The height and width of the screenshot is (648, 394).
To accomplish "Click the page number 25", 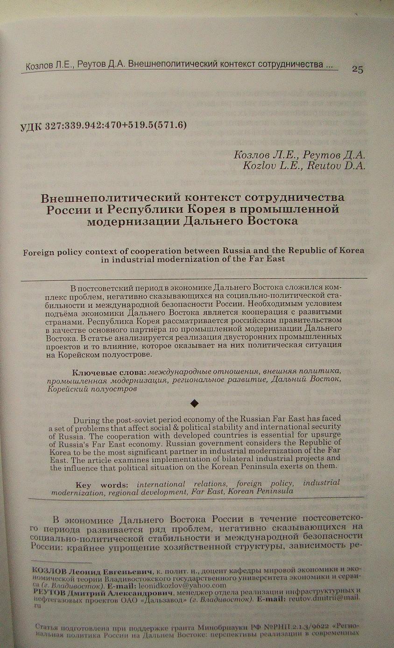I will coord(357,70).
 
